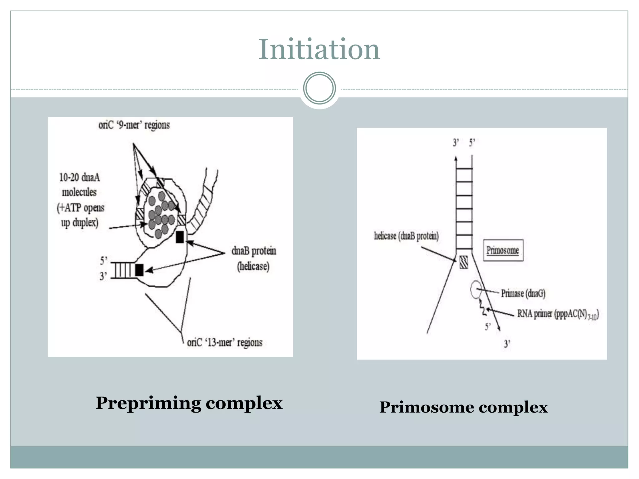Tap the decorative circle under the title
coord(319,88)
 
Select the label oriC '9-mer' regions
coord(134,125)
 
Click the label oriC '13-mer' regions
coord(225,342)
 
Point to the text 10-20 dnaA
coord(80,177)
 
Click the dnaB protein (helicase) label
coord(254,258)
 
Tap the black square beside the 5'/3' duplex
coord(139,270)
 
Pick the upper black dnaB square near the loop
coord(180,237)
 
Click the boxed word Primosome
coord(503,250)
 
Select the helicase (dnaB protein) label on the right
coord(406,236)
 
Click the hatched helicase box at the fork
coord(464,262)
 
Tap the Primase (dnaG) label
coord(523,293)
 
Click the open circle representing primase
coord(476,290)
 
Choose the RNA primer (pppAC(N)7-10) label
coord(558,314)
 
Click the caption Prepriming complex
coord(189,403)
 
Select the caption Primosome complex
coord(463,407)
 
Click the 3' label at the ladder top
coord(456,143)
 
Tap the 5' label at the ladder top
coord(472,143)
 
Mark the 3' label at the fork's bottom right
coord(507,344)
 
